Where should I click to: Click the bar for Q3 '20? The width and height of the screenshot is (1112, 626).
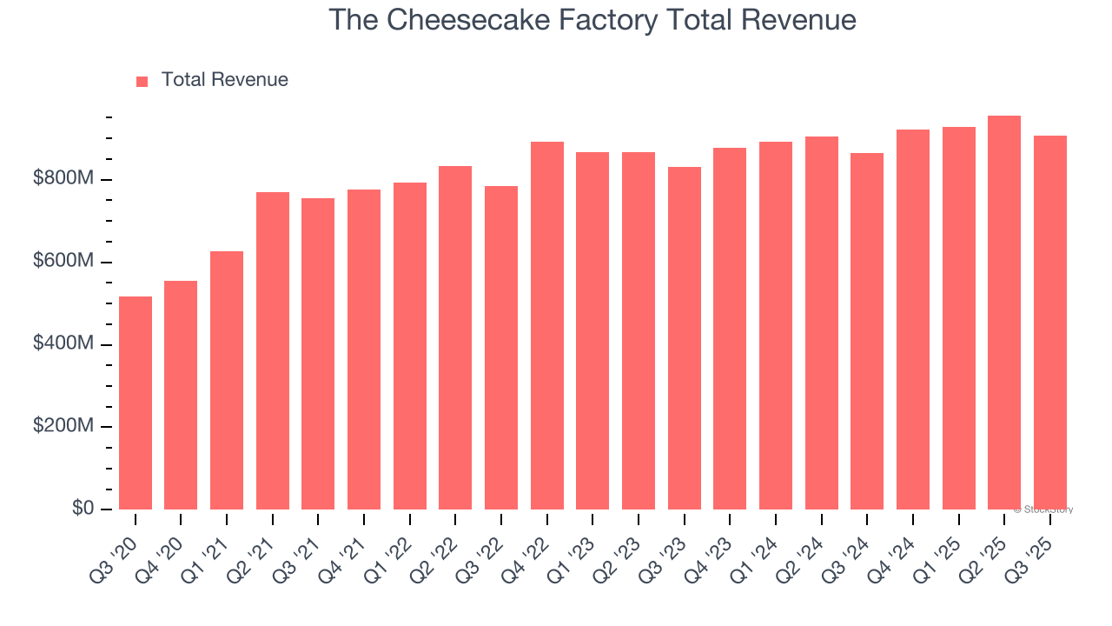point(136,403)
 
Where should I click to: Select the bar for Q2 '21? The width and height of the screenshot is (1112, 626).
point(273,350)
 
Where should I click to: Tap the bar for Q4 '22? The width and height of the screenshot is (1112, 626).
point(547,325)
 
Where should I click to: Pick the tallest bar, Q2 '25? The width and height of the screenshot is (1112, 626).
point(1004,312)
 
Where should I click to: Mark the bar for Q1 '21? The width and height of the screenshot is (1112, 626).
point(227,380)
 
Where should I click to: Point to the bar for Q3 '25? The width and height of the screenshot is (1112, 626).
point(1050,323)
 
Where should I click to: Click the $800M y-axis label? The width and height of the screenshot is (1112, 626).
point(63,179)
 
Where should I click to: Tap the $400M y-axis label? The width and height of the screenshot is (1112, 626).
point(63,344)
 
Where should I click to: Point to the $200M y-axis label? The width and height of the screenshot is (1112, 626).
point(63,427)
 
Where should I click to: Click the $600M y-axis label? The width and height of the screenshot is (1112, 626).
point(63,262)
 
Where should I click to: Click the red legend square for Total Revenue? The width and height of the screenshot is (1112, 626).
point(142,81)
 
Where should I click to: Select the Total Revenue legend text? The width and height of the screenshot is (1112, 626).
point(224,80)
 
